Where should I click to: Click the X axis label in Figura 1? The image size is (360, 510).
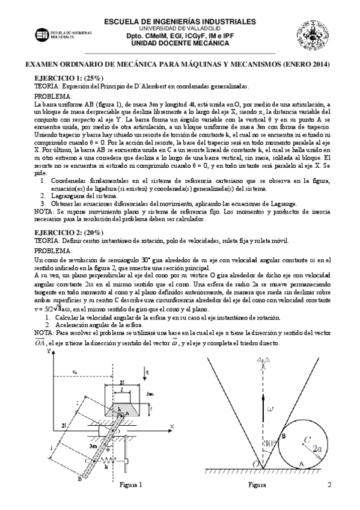pos(171,426)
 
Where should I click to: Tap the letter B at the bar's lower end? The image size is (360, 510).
pos(79,480)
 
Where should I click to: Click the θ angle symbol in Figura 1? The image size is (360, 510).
pos(109,446)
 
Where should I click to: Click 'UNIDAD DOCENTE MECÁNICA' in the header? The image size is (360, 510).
pos(180,44)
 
